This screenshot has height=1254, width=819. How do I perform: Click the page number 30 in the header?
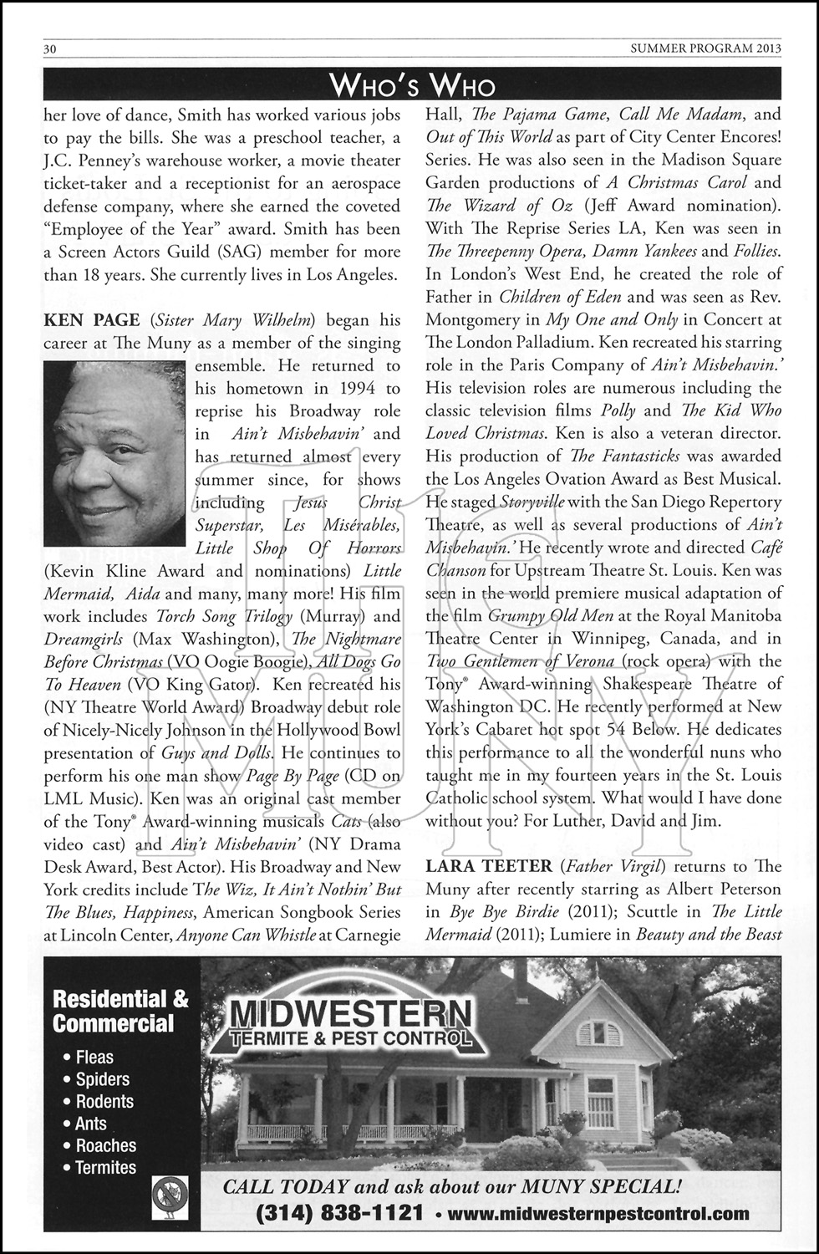pyautogui.click(x=50, y=48)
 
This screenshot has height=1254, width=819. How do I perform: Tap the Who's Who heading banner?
pyautogui.click(x=412, y=84)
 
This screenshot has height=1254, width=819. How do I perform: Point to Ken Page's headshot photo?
pyautogui.click(x=114, y=452)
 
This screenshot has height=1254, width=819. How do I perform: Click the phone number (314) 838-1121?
pyautogui.click(x=339, y=1213)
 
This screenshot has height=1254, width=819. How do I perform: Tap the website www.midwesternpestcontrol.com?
pyautogui.click(x=598, y=1213)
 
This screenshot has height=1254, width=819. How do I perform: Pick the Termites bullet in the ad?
pyautogui.click(x=105, y=1168)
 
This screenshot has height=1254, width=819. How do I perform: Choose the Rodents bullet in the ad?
pyautogui.click(x=104, y=1102)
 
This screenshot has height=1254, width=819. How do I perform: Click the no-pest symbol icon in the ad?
pyautogui.click(x=170, y=1196)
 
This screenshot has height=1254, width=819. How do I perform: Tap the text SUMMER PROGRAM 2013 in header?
pyautogui.click(x=705, y=48)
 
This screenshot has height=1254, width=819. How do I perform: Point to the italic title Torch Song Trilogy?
pyautogui.click(x=224, y=616)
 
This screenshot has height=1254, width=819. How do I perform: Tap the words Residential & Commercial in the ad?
pyautogui.click(x=120, y=1012)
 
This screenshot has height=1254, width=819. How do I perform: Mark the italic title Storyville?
pyautogui.click(x=532, y=502)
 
